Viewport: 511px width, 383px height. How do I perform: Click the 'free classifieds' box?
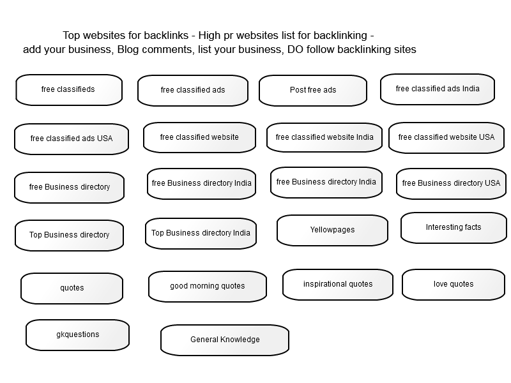[69, 90]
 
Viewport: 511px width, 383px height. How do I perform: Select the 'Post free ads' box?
[313, 91]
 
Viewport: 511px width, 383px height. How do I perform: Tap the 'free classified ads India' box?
[438, 89]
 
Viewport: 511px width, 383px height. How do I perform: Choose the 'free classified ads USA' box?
[72, 139]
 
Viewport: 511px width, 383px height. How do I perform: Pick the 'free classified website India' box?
[324, 137]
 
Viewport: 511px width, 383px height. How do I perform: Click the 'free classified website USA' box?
[446, 138]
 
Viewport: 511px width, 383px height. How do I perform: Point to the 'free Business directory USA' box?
[452, 184]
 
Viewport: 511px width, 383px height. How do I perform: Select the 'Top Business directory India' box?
[201, 234]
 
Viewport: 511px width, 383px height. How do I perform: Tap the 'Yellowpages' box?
[332, 230]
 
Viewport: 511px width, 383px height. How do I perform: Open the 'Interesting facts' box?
[454, 228]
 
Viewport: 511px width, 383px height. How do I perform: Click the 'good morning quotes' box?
[207, 287]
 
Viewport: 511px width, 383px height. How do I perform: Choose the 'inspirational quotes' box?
[338, 285]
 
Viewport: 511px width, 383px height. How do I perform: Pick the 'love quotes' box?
[454, 285]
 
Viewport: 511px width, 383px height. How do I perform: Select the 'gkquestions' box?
[77, 335]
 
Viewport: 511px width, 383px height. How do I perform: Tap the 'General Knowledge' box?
[225, 340]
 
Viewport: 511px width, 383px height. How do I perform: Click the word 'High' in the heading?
[210, 35]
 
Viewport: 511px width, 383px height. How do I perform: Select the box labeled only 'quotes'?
[72, 289]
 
